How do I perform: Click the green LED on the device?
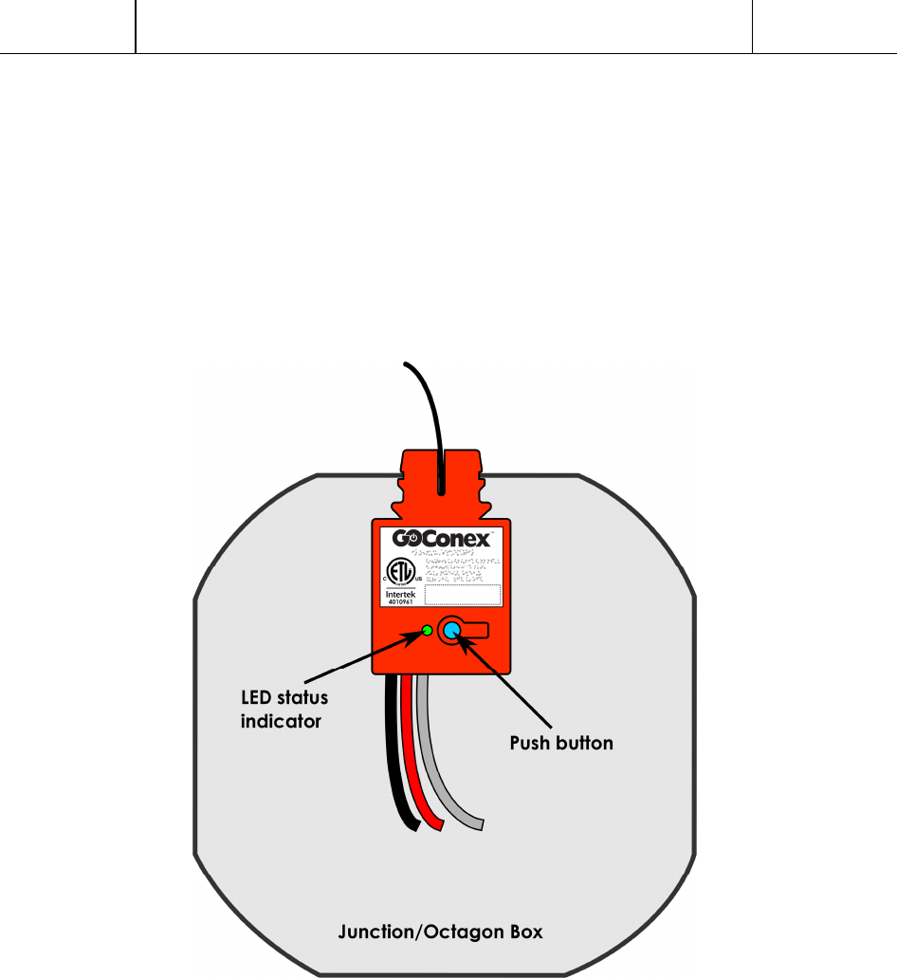click(427, 631)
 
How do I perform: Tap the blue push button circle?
click(451, 631)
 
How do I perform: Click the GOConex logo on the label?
click(442, 540)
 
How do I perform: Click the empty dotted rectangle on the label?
click(462, 595)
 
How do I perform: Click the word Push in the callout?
click(531, 743)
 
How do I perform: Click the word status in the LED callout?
click(302, 699)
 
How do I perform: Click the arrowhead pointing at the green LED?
click(414, 636)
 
